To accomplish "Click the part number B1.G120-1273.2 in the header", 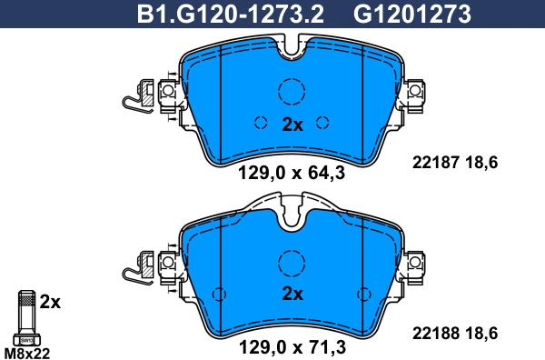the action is click(x=231, y=14).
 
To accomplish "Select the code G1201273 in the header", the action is click(x=412, y=14).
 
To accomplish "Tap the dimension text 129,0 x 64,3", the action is click(x=292, y=173).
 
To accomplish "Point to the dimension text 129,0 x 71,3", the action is click(x=292, y=346).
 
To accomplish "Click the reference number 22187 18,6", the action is click(x=455, y=162).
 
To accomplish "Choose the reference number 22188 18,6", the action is click(x=455, y=334).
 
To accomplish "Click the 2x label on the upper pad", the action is click(x=292, y=125).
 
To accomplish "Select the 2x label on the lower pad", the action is click(x=292, y=294).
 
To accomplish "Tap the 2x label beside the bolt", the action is click(x=50, y=302).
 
